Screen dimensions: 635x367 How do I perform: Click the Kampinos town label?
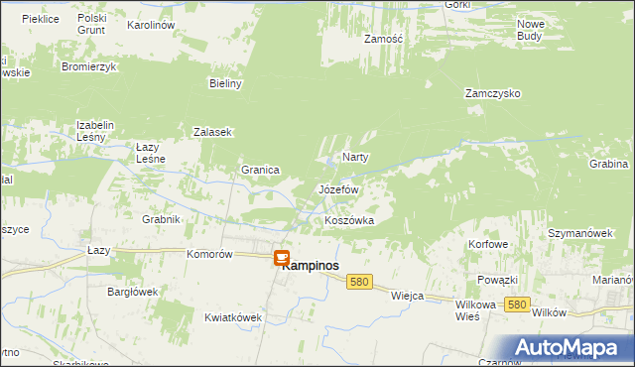coord(316,266)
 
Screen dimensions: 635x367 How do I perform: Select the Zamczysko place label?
coord(493,94)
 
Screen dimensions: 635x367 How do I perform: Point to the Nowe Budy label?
coord(530,29)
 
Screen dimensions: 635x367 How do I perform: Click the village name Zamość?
coord(382,39)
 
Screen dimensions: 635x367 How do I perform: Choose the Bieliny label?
coord(225,84)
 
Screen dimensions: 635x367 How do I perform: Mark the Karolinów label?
coord(151,24)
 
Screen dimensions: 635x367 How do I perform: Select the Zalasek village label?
coord(212,132)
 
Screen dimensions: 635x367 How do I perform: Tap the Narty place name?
coord(355,158)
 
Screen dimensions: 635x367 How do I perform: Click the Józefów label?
coord(337,188)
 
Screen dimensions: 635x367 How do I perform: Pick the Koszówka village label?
coord(349,220)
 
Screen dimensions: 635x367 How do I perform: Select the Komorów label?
coord(209,254)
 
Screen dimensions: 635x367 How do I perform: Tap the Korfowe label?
coord(489,244)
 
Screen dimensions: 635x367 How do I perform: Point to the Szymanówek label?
coord(576,232)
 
